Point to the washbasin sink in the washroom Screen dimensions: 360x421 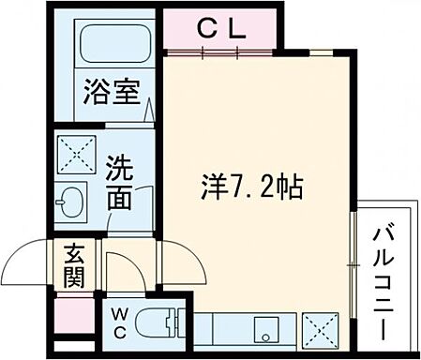(71, 201)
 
